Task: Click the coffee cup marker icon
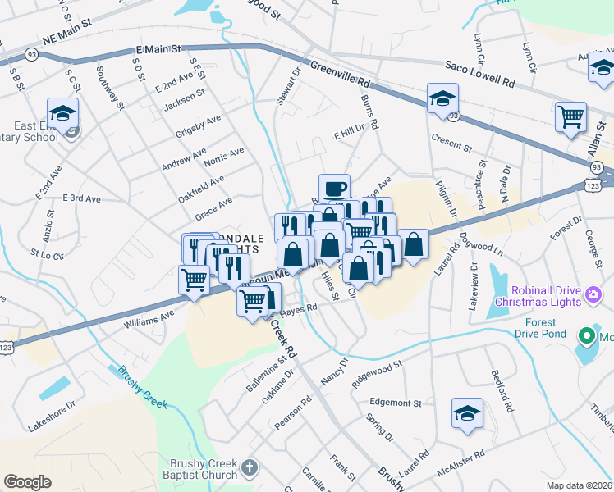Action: (334, 189)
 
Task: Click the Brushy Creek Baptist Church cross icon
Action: (250, 470)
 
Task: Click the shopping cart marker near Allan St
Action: (570, 116)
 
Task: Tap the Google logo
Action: (28, 481)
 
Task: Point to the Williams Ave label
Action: (149, 318)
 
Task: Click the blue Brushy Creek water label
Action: (142, 387)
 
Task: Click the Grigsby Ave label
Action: (198, 125)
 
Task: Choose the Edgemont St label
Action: (395, 403)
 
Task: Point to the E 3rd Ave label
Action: (81, 198)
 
